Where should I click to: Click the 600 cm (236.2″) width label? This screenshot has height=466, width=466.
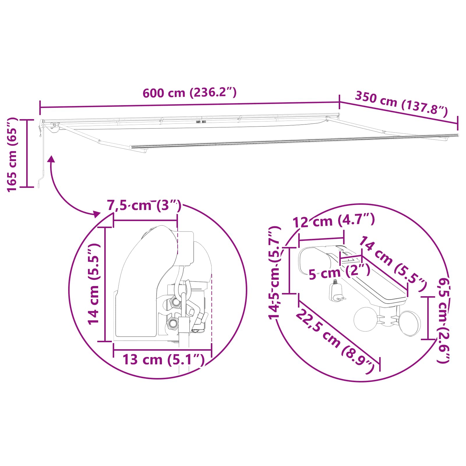190,93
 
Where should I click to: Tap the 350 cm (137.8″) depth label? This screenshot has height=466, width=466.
401,104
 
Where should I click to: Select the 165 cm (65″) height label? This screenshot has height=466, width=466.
12,155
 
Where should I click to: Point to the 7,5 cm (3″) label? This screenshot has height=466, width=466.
144,205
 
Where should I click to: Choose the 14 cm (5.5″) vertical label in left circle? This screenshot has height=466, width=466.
94,284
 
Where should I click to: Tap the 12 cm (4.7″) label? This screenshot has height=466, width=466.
334,221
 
